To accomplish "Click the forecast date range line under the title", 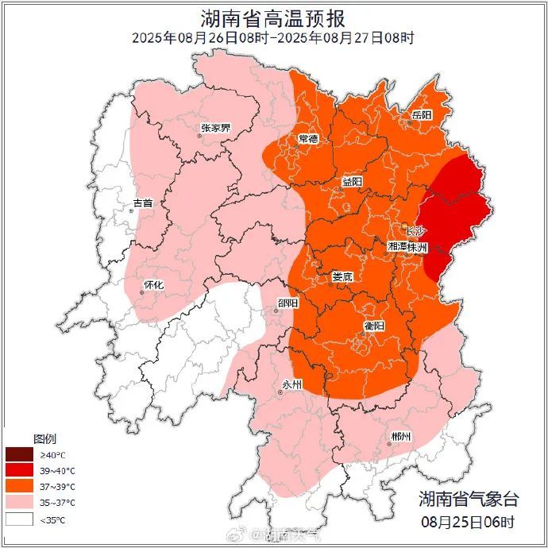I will click(273, 37).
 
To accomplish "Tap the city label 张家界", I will click(215, 127).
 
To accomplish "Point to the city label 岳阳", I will click(422, 115).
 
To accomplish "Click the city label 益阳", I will click(352, 182).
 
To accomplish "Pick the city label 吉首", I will click(143, 203).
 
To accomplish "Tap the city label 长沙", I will click(416, 231).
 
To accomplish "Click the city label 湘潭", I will click(399, 248).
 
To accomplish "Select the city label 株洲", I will click(419, 248).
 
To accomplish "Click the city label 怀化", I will click(153, 284).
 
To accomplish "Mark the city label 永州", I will click(292, 384).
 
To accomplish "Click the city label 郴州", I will click(401, 437).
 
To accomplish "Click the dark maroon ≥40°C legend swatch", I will click(18, 455).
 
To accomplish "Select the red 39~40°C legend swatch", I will click(18, 471).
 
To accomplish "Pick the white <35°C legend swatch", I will click(18, 519).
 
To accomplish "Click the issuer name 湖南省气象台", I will click(469, 500).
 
